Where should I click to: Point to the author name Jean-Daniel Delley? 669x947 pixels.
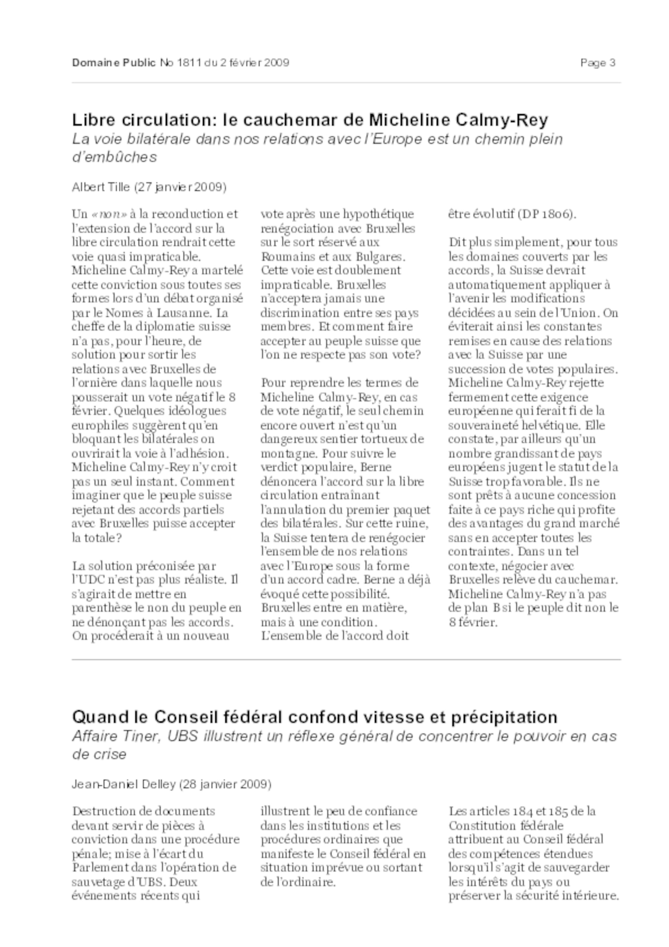click(x=124, y=784)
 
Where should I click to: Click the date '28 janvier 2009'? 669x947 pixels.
click(x=225, y=784)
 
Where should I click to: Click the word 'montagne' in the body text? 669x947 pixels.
click(x=289, y=454)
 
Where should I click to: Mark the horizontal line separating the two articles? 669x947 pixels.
click(x=346, y=660)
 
